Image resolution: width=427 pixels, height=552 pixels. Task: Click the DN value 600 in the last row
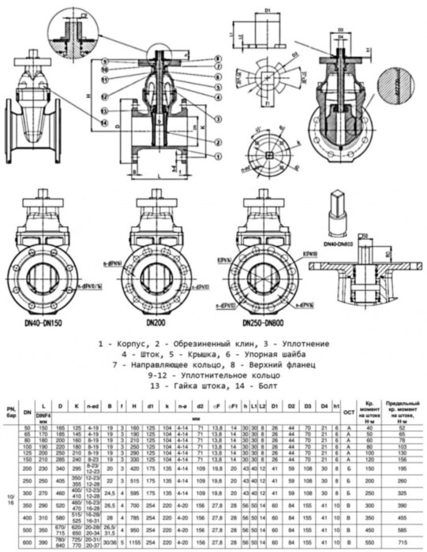28,543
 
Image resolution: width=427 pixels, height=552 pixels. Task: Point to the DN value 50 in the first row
28,427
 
